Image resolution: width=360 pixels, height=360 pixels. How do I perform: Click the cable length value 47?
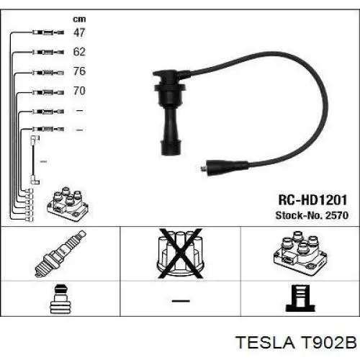pos(79,32)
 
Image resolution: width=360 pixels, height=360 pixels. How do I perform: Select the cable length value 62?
pos(79,52)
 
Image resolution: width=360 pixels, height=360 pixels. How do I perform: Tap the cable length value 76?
pos(79,71)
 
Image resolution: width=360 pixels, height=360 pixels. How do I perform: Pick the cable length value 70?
pos(79,91)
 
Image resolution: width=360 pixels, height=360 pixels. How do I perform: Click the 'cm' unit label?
pos(79,19)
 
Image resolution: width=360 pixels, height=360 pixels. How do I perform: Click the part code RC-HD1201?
pos(312,200)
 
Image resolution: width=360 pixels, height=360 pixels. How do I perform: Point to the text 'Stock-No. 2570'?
pos(312,215)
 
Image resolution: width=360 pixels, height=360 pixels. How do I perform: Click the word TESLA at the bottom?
pos(265,342)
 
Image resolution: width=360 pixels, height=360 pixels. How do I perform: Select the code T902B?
pos(329,342)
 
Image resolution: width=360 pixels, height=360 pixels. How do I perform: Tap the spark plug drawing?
pos(60,253)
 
